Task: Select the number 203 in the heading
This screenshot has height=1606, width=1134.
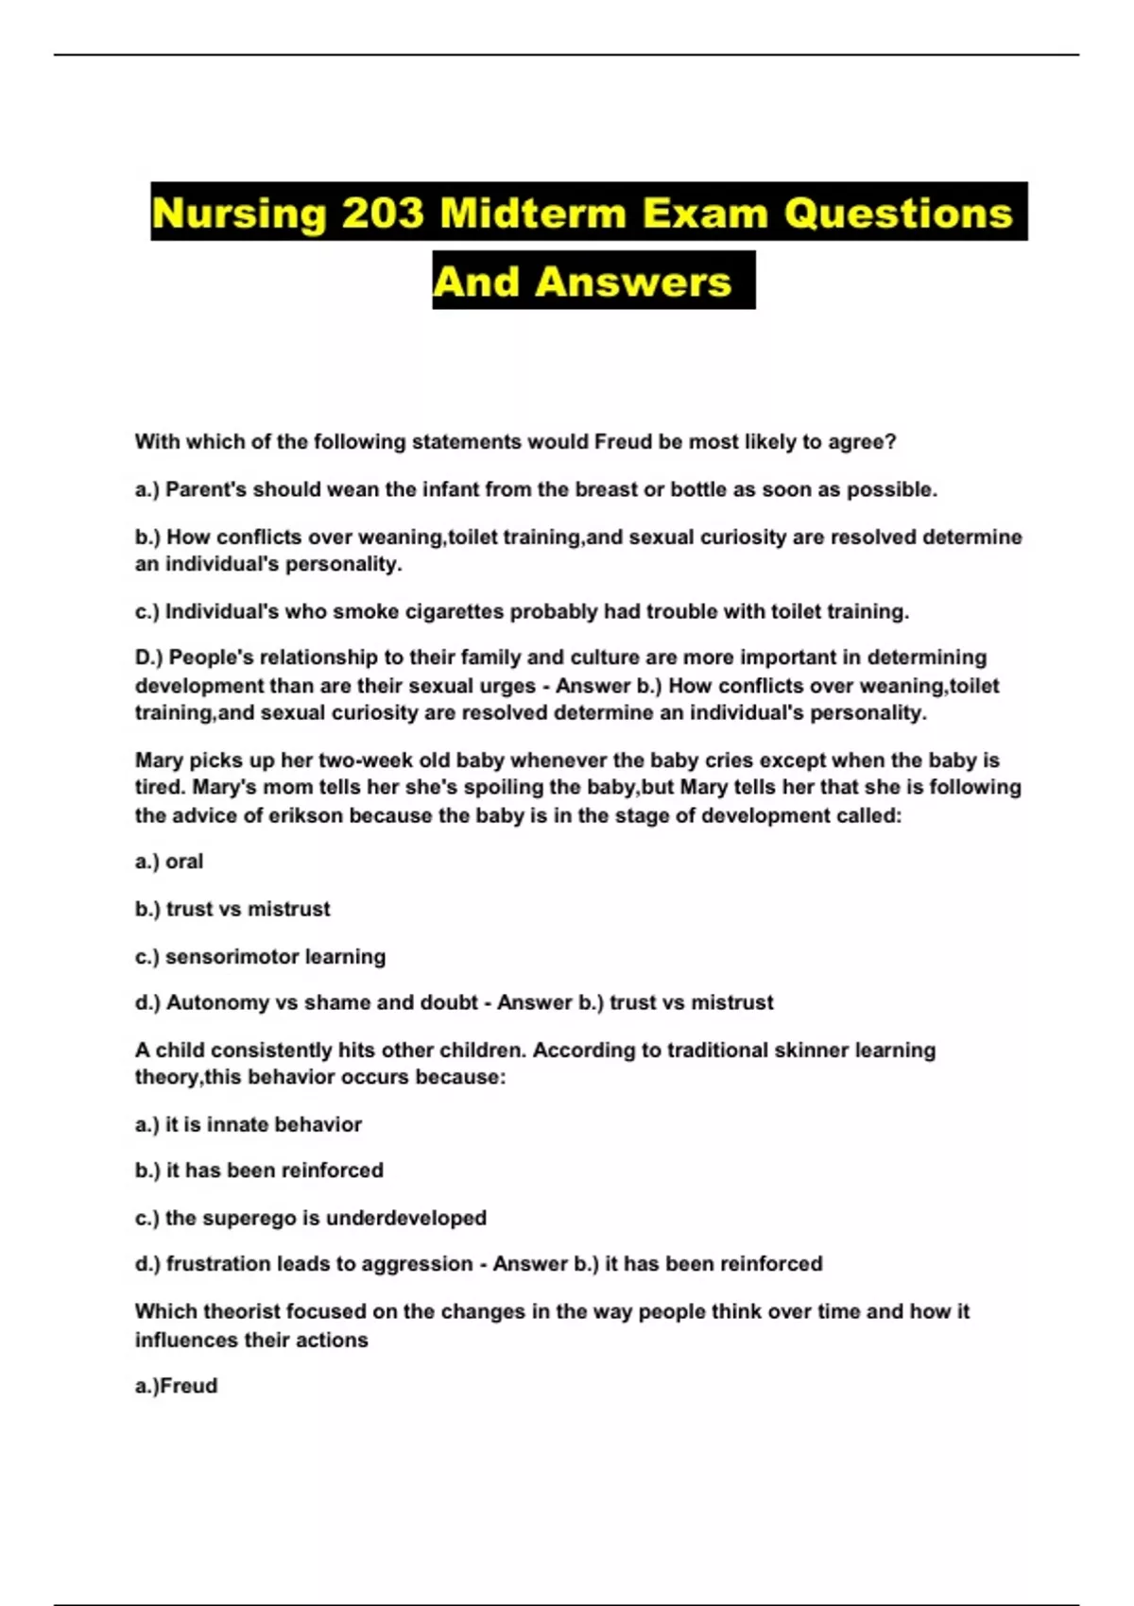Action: point(383,214)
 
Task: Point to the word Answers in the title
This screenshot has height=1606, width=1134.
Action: point(633,282)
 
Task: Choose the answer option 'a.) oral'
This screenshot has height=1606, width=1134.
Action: point(169,862)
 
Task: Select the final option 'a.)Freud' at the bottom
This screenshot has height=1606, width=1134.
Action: point(177,1386)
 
